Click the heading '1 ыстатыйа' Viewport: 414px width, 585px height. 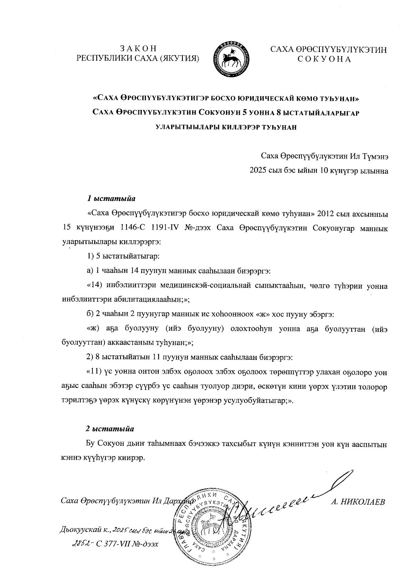111,199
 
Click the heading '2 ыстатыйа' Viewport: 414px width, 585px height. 110,429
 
